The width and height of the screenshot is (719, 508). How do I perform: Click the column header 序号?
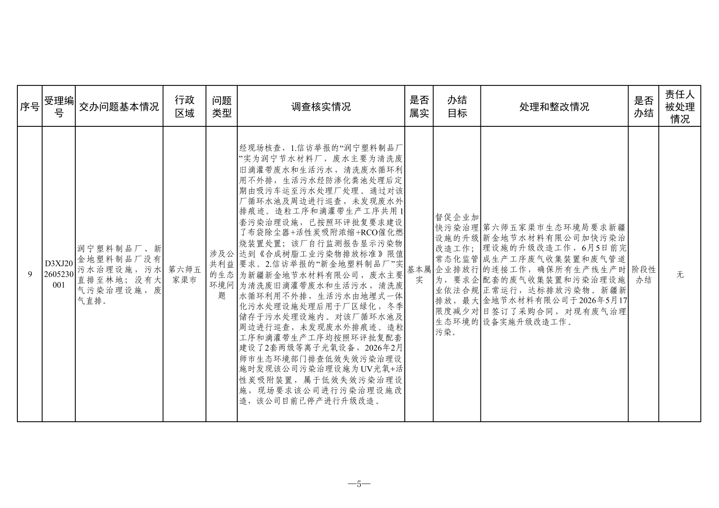pyautogui.click(x=30, y=107)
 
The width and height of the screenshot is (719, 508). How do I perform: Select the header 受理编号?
pyautogui.click(x=59, y=107)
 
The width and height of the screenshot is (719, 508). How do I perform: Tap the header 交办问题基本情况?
pyautogui.click(x=119, y=107)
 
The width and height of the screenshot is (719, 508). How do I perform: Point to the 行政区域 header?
pyautogui.click(x=184, y=107)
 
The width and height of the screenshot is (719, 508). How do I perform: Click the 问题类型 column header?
pyautogui.click(x=222, y=107)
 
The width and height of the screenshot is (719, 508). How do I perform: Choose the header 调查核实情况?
pyautogui.click(x=321, y=107)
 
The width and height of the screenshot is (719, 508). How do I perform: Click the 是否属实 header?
pyautogui.click(x=419, y=107)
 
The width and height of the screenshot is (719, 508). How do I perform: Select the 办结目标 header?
pyautogui.click(x=457, y=107)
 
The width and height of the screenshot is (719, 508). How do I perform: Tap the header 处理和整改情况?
pyautogui.click(x=554, y=107)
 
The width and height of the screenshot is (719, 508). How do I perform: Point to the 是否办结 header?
pyautogui.click(x=644, y=107)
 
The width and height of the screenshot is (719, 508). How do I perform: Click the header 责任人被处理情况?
pyautogui.click(x=680, y=107)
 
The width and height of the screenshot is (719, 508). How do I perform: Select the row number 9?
pyautogui.click(x=30, y=275)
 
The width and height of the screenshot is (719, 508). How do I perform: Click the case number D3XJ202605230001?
pyautogui.click(x=59, y=274)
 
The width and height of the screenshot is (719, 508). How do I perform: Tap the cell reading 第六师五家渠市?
pyautogui.click(x=184, y=275)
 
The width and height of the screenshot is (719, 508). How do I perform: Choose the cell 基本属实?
pyautogui.click(x=419, y=275)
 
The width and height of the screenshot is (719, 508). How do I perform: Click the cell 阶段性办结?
pyautogui.click(x=644, y=275)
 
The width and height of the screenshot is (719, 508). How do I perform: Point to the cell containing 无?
pyautogui.click(x=680, y=275)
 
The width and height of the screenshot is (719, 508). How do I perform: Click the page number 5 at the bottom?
pyautogui.click(x=359, y=484)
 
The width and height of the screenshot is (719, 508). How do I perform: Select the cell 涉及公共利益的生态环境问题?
pyautogui.click(x=222, y=275)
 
